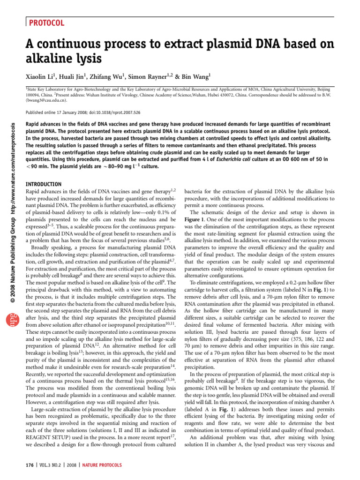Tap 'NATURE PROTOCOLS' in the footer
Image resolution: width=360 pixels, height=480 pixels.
tap(102, 465)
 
